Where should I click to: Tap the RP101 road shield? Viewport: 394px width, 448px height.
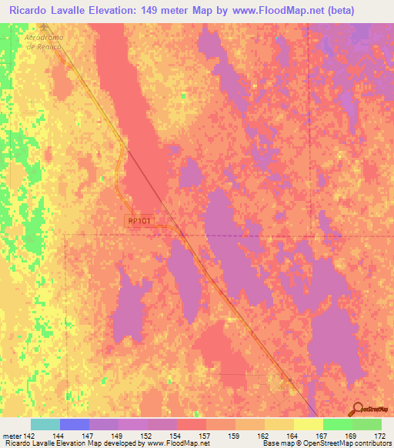[141, 221]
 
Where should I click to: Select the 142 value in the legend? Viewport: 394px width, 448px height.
[29, 436]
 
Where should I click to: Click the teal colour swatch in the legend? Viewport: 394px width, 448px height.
[45, 424]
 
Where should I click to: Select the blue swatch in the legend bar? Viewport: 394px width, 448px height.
[74, 424]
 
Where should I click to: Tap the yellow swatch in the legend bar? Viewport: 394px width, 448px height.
[308, 424]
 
